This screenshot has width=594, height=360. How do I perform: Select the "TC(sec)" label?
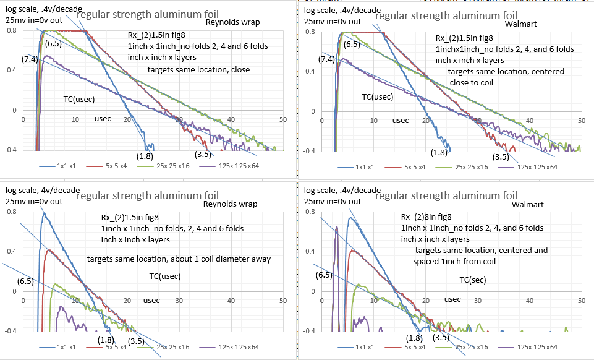click(x=473, y=280)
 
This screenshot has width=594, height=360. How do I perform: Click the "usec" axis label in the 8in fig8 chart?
click(x=452, y=299)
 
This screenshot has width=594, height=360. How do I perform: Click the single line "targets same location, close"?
click(x=198, y=69)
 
